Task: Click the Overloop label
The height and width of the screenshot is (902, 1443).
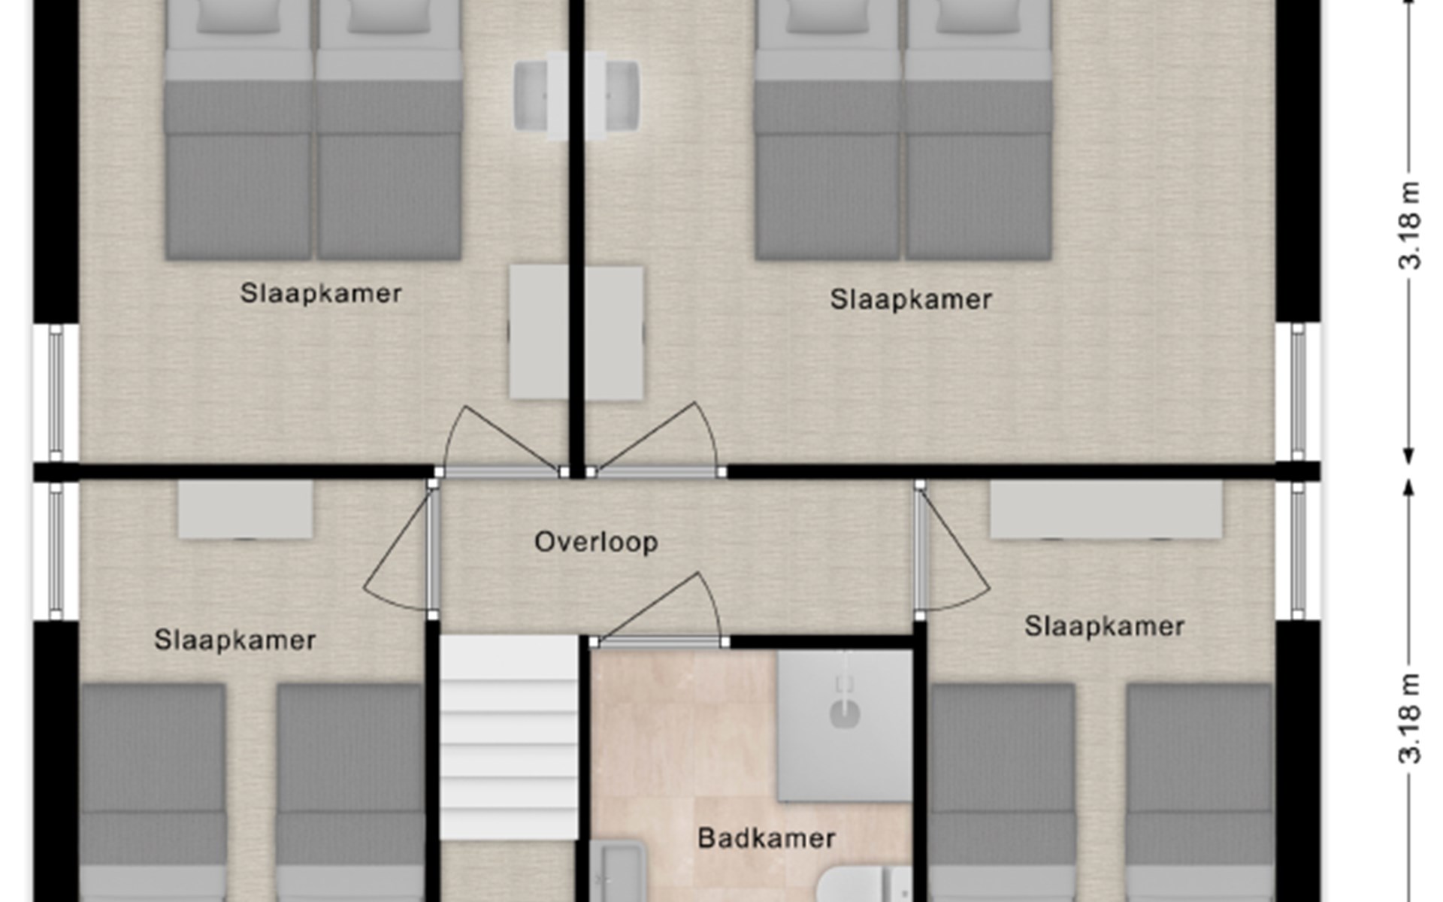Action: [596, 542]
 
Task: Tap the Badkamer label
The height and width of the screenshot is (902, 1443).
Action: [767, 838]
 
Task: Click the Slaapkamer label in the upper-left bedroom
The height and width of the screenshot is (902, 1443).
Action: [321, 293]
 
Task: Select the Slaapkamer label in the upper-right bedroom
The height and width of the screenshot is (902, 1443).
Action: [911, 299]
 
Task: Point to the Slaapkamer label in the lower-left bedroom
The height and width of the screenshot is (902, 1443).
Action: [235, 640]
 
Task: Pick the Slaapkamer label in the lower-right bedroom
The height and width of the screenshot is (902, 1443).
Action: [1105, 626]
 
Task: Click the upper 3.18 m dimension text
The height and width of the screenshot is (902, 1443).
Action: [1410, 225]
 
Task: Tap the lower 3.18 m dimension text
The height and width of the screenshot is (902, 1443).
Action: [1410, 719]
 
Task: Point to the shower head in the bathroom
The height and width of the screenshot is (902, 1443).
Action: [845, 707]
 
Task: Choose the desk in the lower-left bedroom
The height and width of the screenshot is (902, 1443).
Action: [245, 510]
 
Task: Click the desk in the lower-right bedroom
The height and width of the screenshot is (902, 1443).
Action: [1106, 510]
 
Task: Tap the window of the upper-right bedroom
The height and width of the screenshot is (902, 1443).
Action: [1298, 392]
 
